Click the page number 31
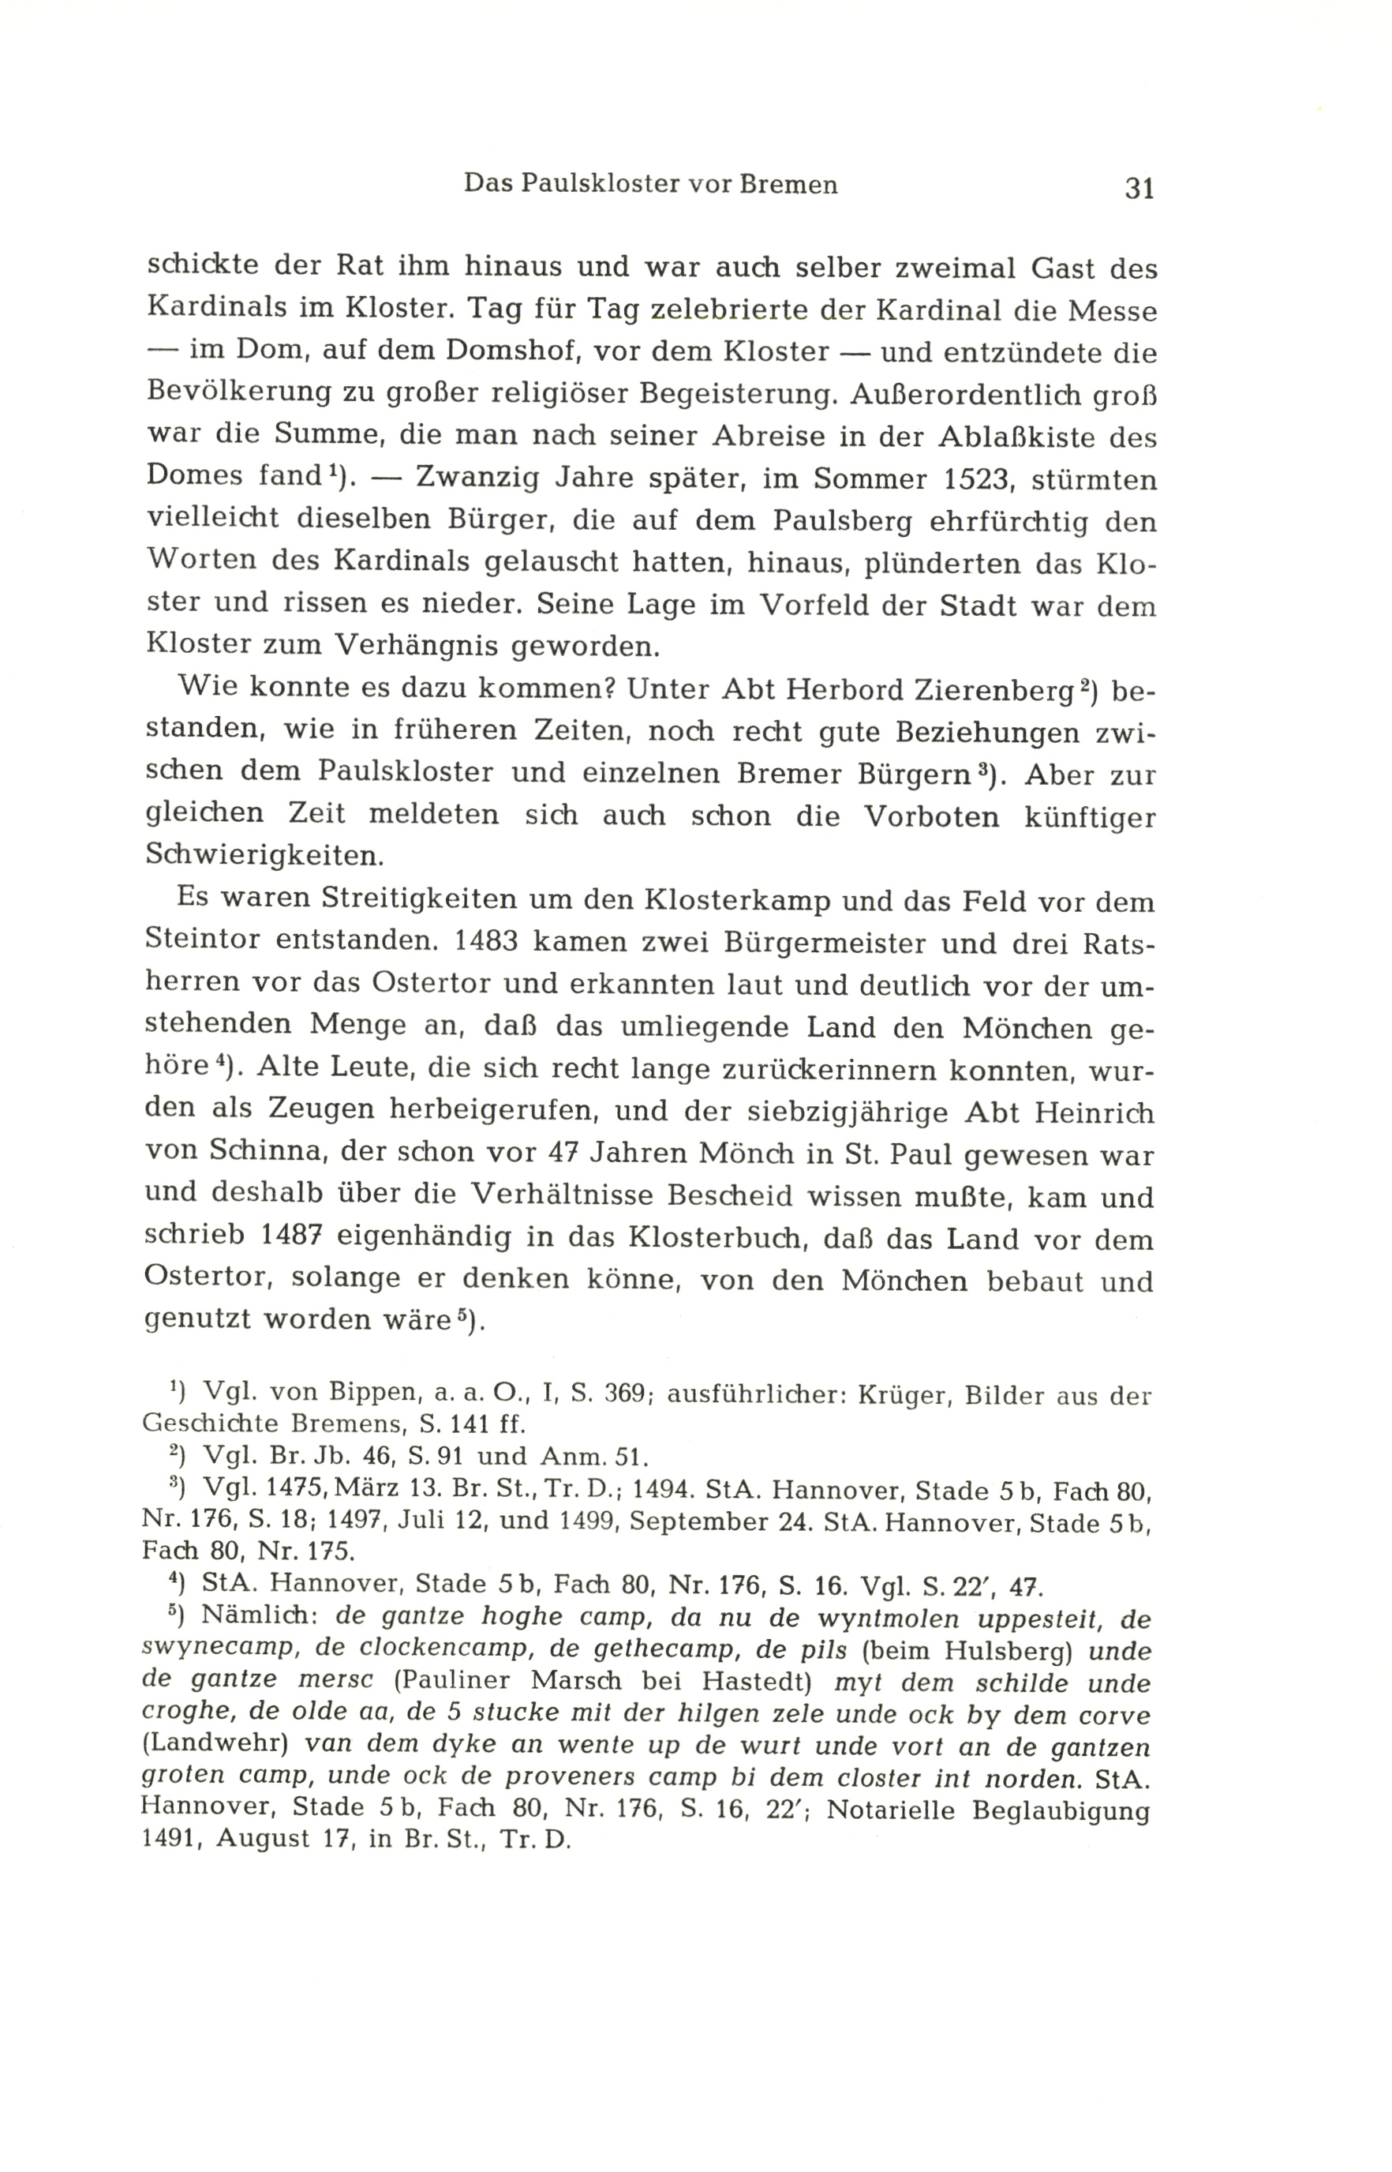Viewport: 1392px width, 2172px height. click(x=1139, y=188)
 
